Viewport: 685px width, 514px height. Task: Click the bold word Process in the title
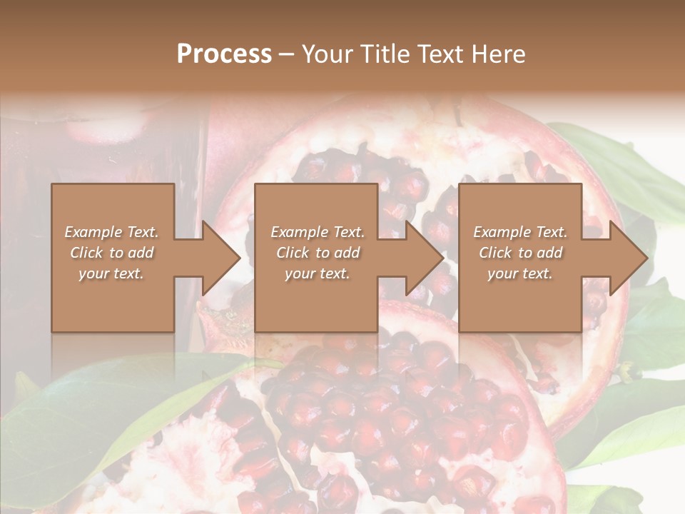click(x=224, y=54)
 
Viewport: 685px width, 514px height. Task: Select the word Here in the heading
click(x=498, y=54)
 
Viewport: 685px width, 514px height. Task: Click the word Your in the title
click(x=325, y=55)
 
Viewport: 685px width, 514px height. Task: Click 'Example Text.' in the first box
click(x=112, y=232)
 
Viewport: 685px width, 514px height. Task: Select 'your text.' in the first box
click(x=112, y=273)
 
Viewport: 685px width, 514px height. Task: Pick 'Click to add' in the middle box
click(x=318, y=253)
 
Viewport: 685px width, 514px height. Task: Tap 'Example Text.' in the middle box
click(x=318, y=232)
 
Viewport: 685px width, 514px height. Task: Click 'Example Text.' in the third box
click(x=520, y=232)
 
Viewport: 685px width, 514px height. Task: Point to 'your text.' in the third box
click(x=520, y=273)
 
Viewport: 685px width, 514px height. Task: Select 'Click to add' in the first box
click(x=112, y=253)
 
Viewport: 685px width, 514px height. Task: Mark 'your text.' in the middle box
click(x=318, y=273)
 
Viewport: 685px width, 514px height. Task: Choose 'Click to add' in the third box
click(x=520, y=253)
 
